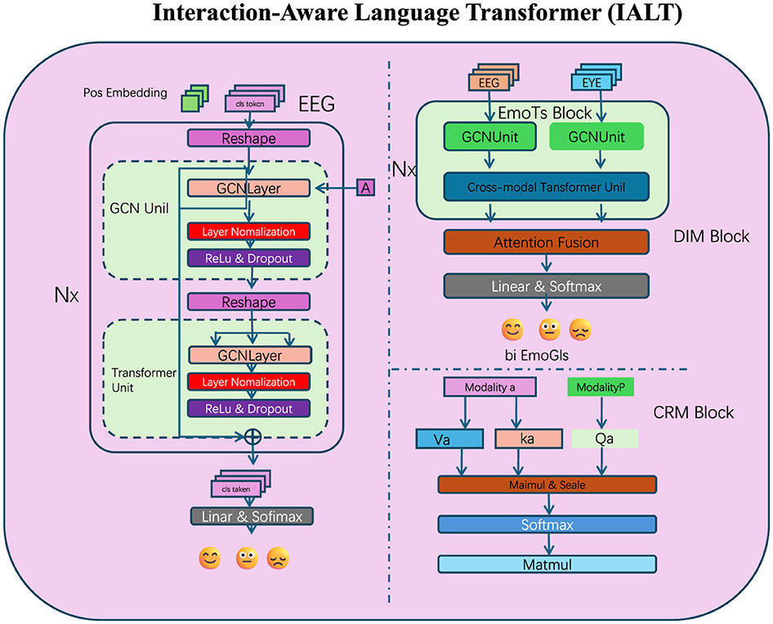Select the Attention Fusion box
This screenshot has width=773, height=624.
546,242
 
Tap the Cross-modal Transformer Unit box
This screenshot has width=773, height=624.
546,186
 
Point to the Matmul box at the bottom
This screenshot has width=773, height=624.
547,564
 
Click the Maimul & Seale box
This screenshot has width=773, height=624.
547,484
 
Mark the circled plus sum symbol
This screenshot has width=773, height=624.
252,435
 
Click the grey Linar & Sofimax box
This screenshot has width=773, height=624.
252,516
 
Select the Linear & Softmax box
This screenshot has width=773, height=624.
546,286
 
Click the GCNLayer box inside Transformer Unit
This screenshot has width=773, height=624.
248,355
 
